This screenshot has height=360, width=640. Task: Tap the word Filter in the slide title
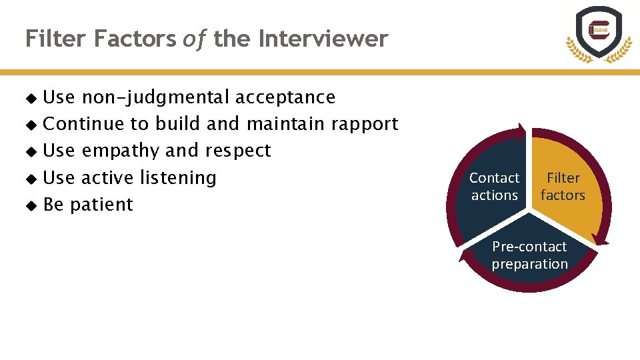(x=57, y=39)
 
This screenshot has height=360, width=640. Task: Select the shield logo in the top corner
(x=598, y=34)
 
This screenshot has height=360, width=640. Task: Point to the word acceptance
(x=285, y=97)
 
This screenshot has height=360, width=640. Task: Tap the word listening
(x=178, y=177)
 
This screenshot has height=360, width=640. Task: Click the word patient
(x=101, y=205)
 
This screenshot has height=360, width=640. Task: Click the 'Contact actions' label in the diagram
(x=494, y=187)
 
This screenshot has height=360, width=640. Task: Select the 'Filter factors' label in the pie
(x=563, y=187)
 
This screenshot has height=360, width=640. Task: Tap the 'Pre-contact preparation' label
(x=529, y=255)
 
